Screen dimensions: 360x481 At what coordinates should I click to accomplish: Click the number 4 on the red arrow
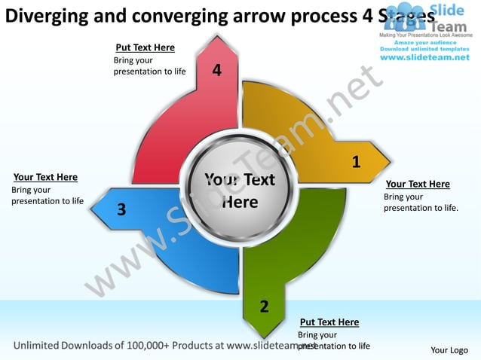pyautogui.click(x=217, y=71)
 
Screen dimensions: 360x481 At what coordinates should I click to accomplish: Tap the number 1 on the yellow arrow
pyautogui.click(x=356, y=162)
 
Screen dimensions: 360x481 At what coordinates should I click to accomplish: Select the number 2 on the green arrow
pyautogui.click(x=264, y=307)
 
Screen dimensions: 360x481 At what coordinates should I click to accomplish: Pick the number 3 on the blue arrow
pyautogui.click(x=121, y=209)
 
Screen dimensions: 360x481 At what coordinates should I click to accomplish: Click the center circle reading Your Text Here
pyautogui.click(x=240, y=191)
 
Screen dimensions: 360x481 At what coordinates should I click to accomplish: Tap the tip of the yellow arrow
pyautogui.click(x=390, y=160)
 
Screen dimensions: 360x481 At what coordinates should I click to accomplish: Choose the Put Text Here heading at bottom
pyautogui.click(x=329, y=322)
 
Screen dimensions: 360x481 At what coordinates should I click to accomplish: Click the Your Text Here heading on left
pyautogui.click(x=46, y=177)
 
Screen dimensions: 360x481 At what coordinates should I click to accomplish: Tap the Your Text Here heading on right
pyautogui.click(x=418, y=184)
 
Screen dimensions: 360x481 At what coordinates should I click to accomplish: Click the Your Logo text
pyautogui.click(x=449, y=349)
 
